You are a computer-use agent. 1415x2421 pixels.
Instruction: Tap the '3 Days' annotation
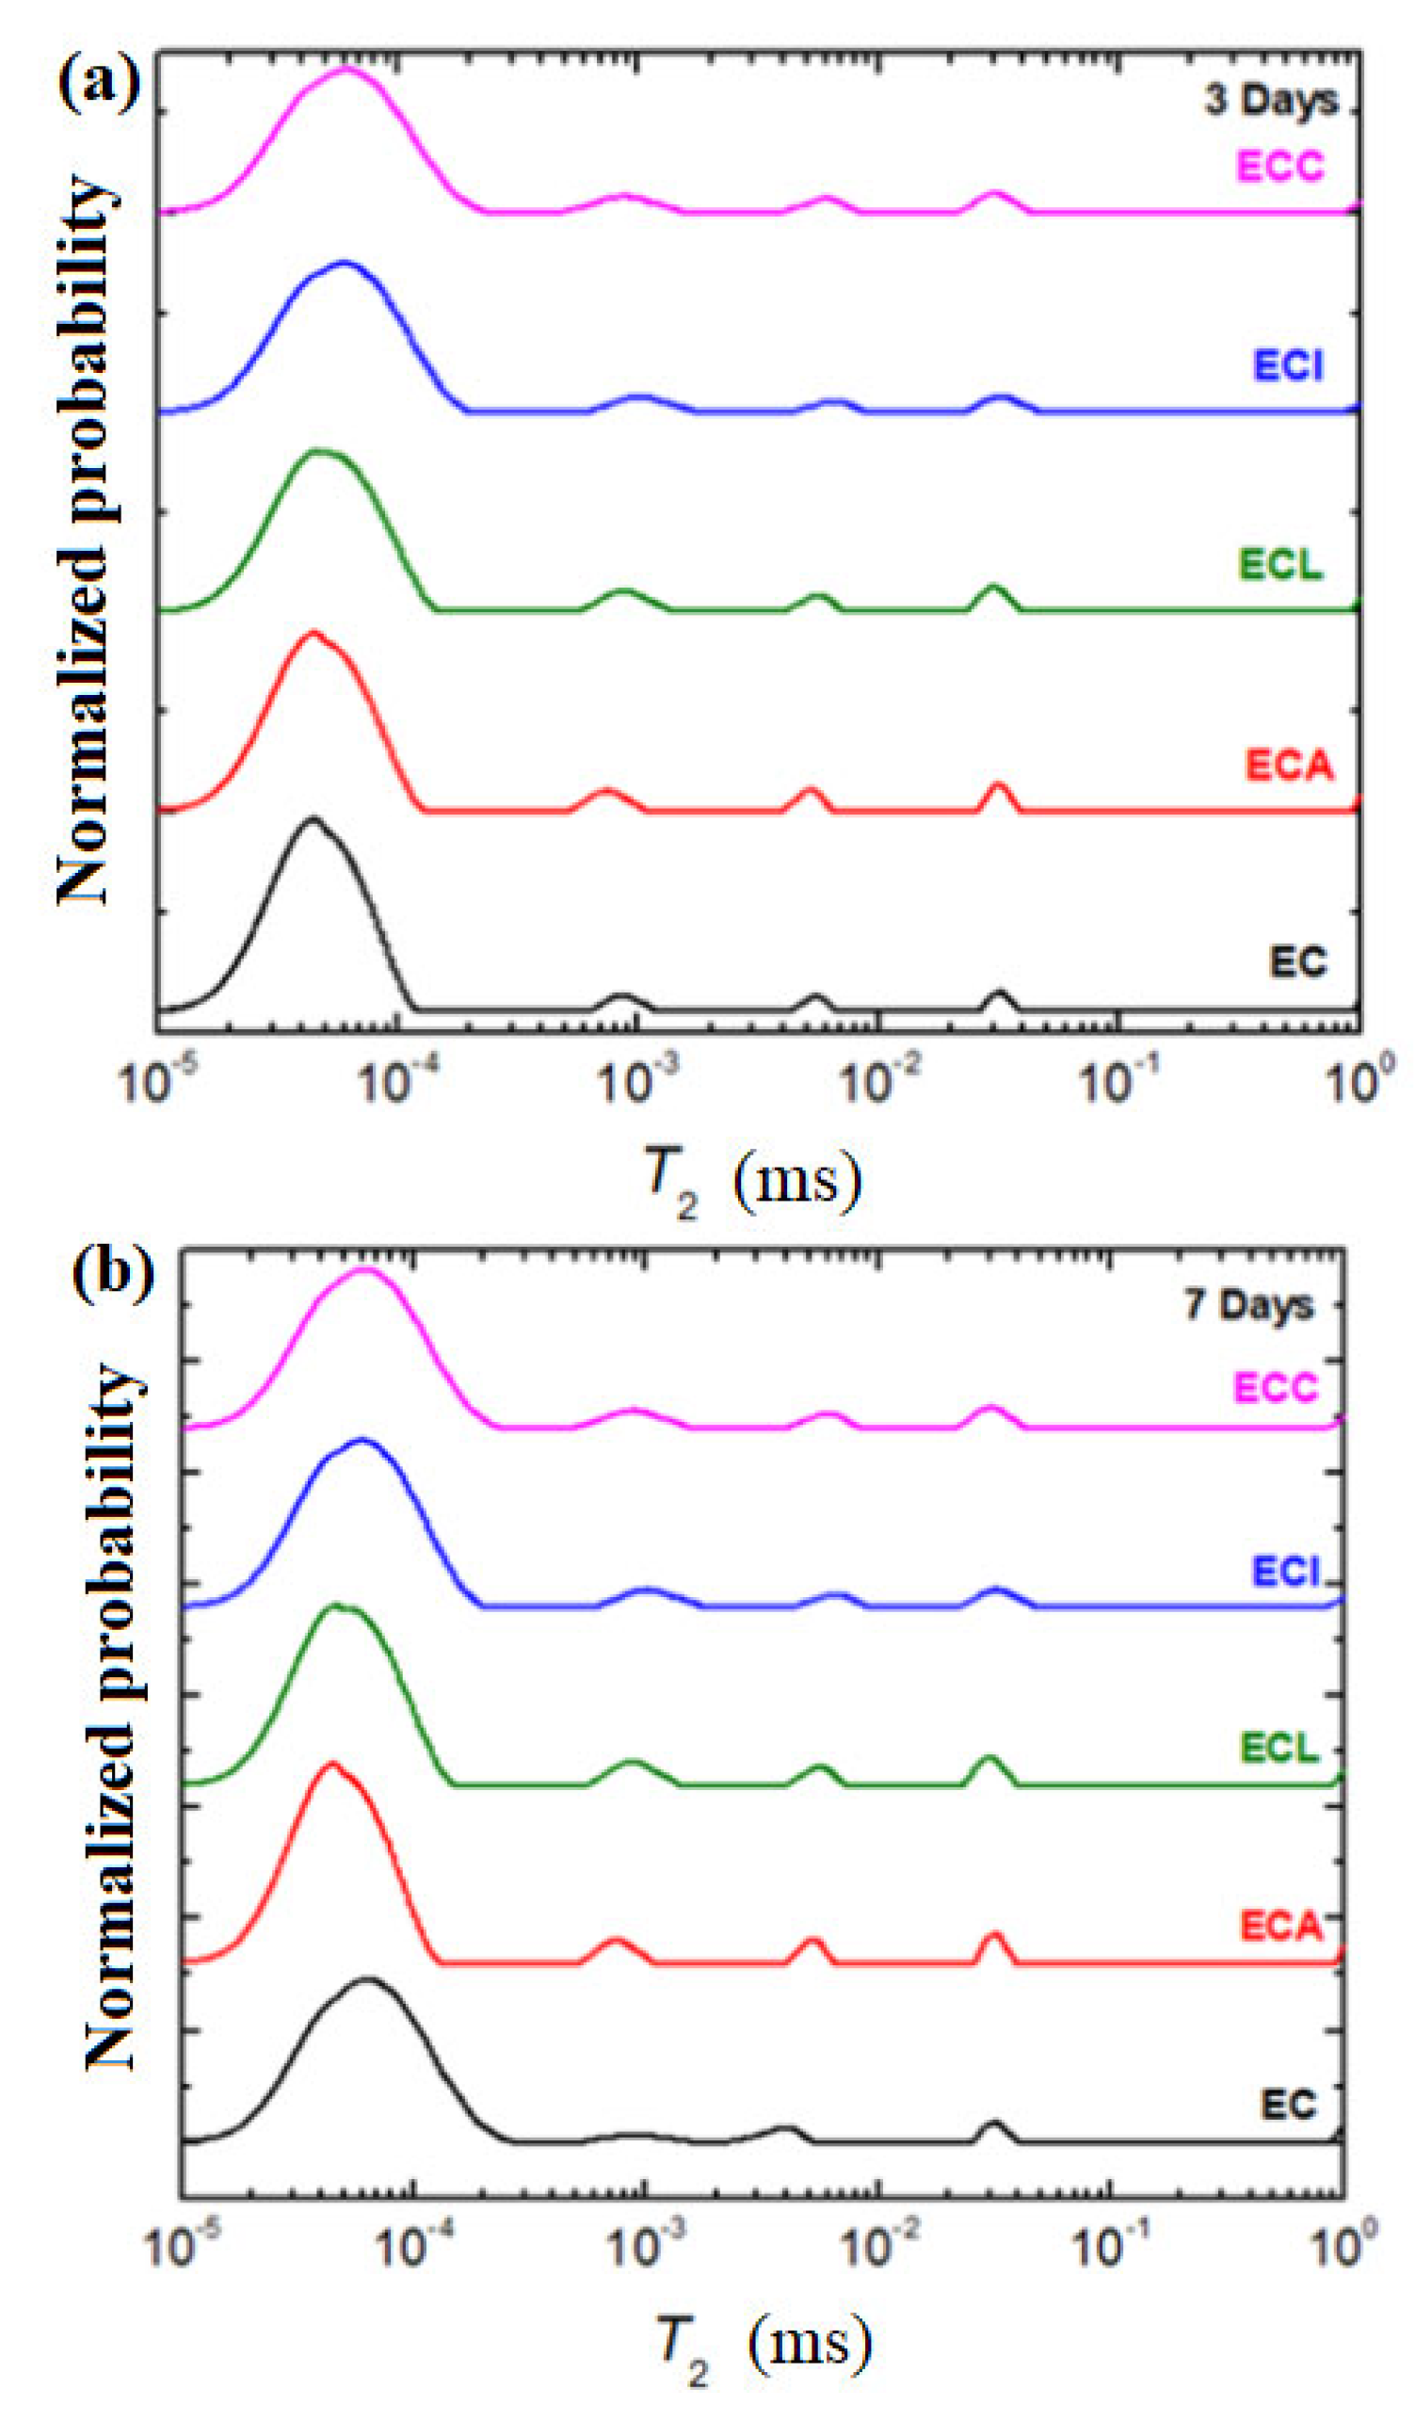coord(1271,100)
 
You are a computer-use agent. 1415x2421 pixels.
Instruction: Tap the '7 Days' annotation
coord(1247,1304)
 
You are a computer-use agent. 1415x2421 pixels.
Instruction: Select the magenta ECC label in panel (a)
coord(1279,167)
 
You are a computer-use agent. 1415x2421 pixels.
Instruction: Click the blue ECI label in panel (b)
coord(1285,1572)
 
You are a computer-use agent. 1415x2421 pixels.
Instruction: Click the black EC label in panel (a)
coord(1298,961)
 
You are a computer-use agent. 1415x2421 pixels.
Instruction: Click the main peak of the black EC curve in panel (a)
coord(311,818)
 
